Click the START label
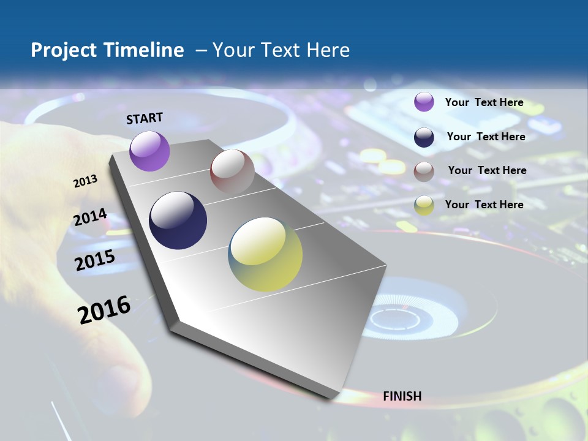pos(145,118)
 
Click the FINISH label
pos(402,396)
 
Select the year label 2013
pos(85,181)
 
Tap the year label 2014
pos(90,217)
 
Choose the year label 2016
pos(104,310)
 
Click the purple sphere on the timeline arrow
pos(149,151)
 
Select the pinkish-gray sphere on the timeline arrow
pos(232,171)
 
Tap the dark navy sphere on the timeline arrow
pos(178,221)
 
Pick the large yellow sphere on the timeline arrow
pos(265,254)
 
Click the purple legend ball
pos(424,102)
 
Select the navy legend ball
pos(424,137)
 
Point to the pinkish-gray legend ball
pos(424,171)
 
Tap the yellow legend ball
pos(424,205)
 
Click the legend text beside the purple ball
pos(484,102)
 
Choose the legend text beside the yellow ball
pos(484,205)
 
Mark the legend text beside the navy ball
pos(486,137)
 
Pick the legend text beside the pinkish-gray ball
pos(487,170)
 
